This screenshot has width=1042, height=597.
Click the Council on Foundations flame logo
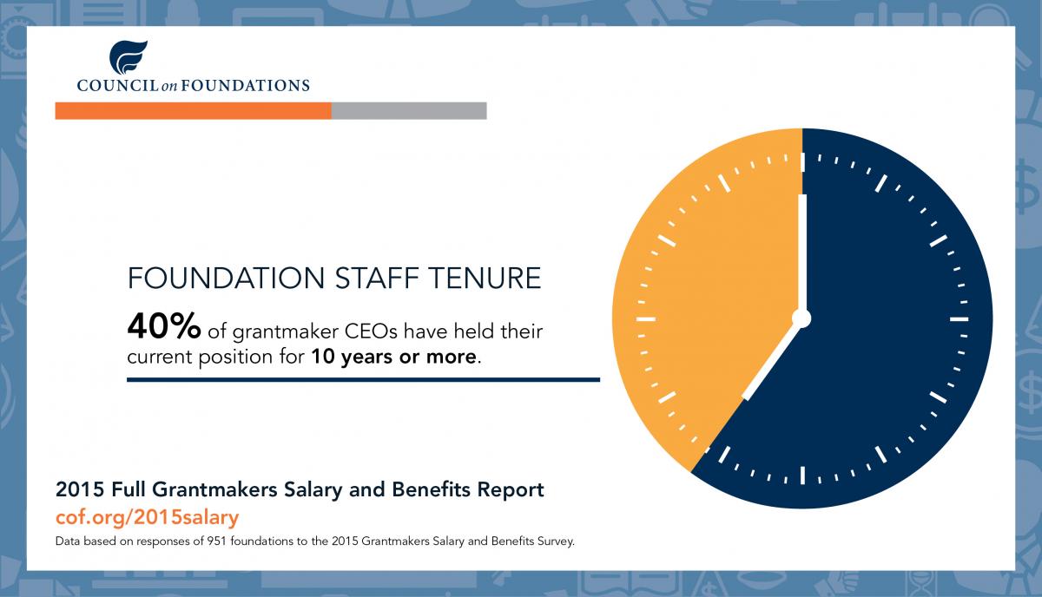tap(128, 57)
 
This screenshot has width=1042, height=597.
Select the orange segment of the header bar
tap(193, 111)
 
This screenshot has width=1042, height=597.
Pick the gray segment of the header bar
tap(409, 111)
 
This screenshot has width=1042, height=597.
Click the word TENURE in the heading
tap(485, 278)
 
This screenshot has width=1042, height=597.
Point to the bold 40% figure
tap(164, 326)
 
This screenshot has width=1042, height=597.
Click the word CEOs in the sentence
tap(371, 331)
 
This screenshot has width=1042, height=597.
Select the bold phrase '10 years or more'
tap(394, 357)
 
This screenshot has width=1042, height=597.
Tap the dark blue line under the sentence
tap(363, 380)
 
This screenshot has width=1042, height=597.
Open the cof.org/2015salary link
tap(147, 517)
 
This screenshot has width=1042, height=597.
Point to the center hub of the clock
tap(801, 319)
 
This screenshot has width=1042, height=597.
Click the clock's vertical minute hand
tap(802, 253)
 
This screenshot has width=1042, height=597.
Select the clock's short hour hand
tap(771, 360)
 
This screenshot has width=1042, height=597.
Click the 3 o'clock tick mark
tap(959, 319)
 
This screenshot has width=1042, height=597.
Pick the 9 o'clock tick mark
tap(646, 319)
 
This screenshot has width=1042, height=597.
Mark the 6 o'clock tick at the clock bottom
tap(802, 476)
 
